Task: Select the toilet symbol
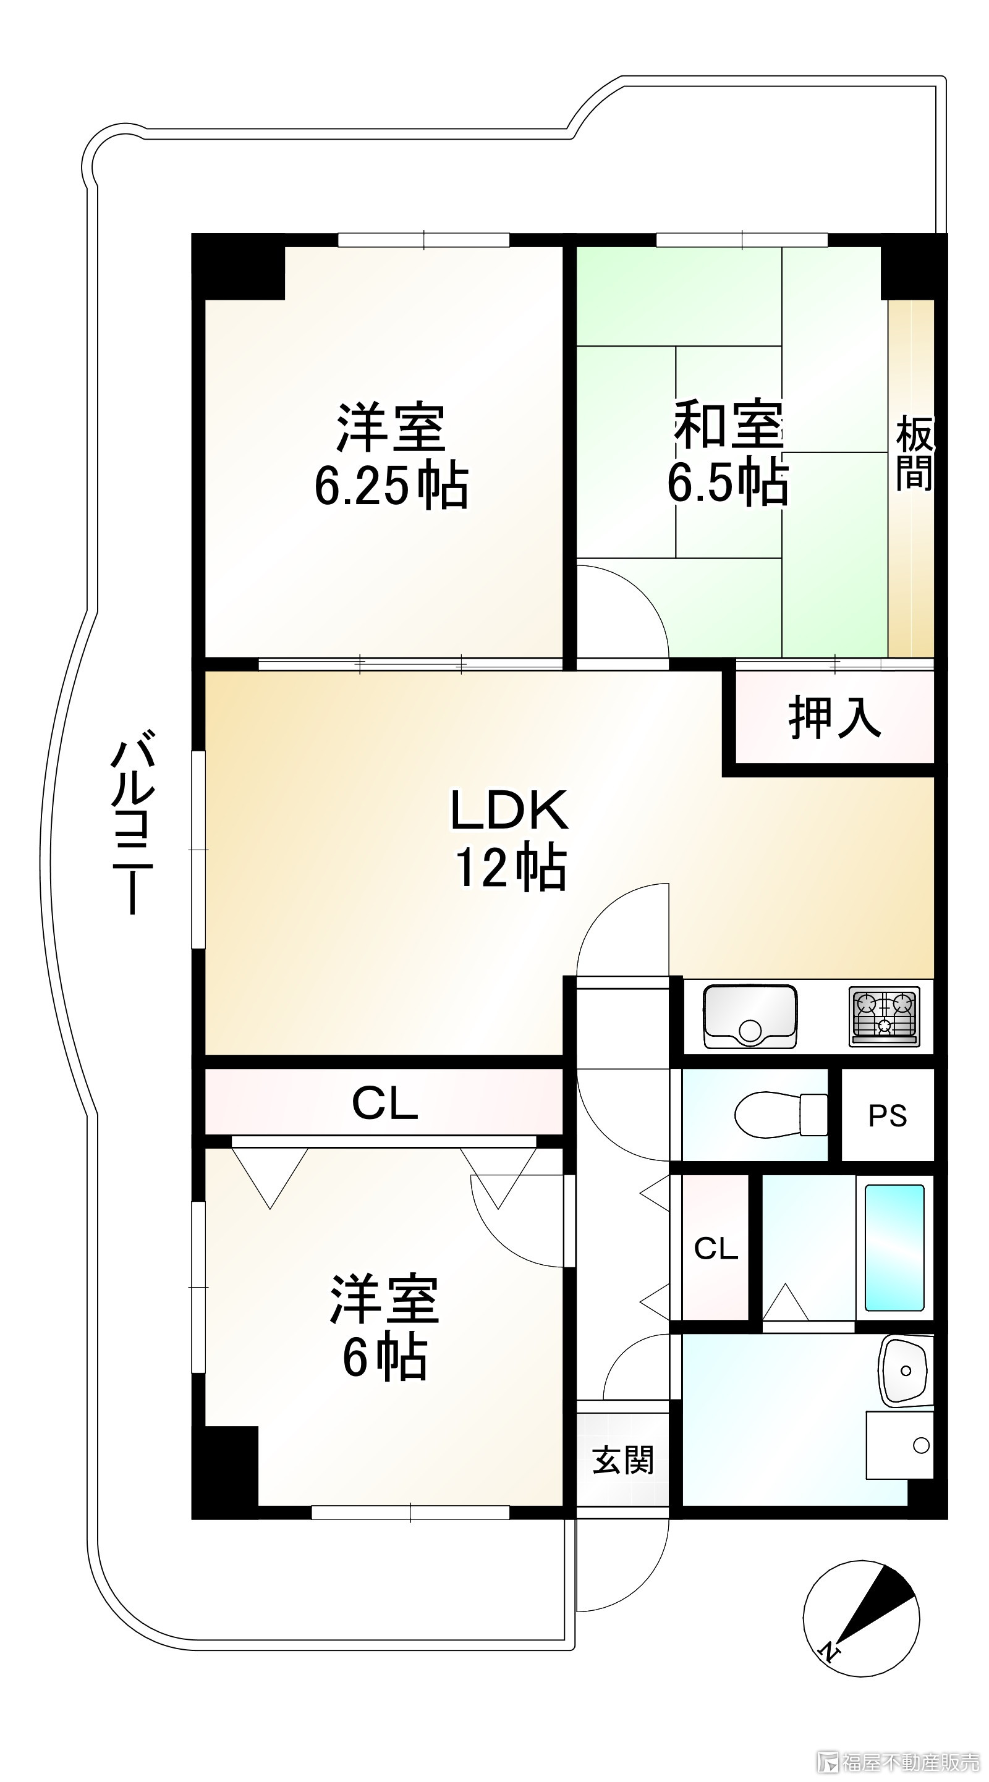781,1115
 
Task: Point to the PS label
887,1116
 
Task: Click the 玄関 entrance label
622,1459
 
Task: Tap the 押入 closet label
834,717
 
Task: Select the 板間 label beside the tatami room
914,453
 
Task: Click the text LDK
509,810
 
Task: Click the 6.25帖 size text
391,486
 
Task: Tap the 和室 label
728,423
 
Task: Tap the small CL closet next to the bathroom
716,1249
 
